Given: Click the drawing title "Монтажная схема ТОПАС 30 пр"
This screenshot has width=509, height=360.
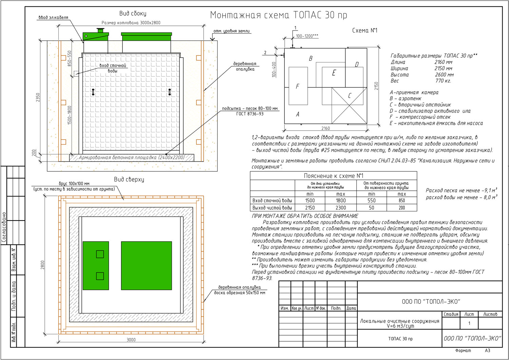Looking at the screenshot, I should pos(278,15).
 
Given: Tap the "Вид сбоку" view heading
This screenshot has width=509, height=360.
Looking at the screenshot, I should pos(133,14).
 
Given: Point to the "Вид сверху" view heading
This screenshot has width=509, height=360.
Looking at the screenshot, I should pos(129,179).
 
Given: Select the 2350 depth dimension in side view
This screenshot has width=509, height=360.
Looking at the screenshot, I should pos(38,97).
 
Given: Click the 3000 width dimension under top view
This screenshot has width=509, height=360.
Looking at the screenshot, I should pos(131,340).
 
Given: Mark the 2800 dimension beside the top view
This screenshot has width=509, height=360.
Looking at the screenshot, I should pos(42,265).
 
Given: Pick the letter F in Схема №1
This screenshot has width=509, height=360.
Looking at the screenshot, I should pos(298,87).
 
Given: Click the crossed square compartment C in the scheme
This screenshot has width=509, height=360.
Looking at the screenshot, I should pos(349,106).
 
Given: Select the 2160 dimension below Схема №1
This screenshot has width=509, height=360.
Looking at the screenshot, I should pos(325,128).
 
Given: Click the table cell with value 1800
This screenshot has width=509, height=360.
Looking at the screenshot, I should pos(341,201).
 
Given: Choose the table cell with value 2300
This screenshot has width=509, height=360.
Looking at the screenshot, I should pos(341,208).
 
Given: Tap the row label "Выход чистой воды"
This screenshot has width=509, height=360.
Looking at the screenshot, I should pos(272,208).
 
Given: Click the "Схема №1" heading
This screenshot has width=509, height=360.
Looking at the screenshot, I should pos(365,31).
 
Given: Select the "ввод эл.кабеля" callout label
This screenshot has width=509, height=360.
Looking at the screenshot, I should pos(53,17).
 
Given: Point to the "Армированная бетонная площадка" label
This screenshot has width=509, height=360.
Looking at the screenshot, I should pos(132,157).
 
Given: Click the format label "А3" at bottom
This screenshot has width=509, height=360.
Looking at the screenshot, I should pos(488,350).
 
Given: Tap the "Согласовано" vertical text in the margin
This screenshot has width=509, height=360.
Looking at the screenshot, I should pos(4,227).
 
